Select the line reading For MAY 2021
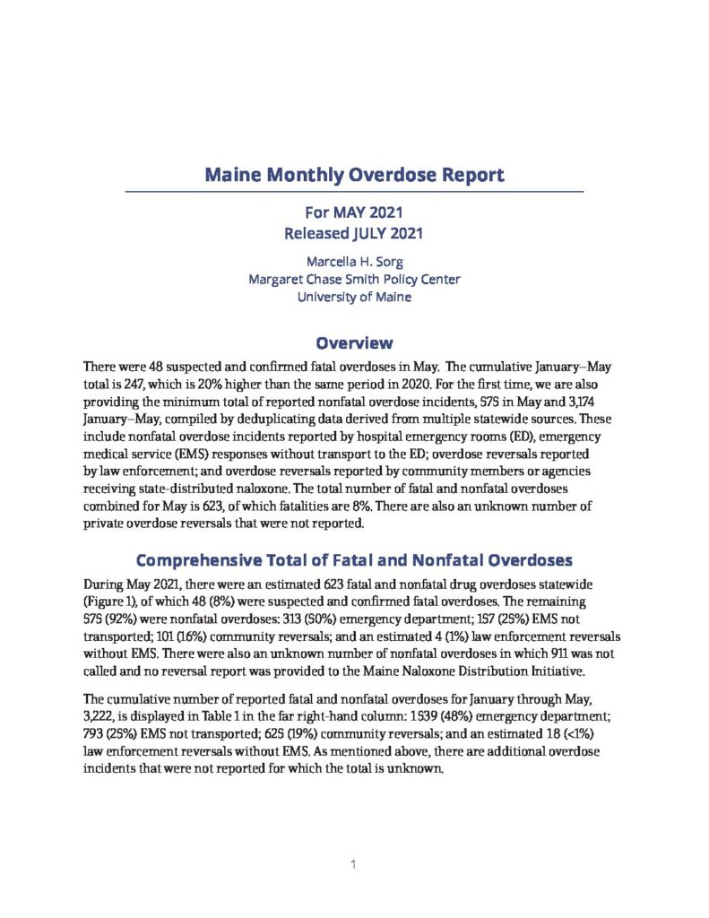click(x=354, y=215)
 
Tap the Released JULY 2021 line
click(x=354, y=236)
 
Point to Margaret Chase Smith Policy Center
click(x=354, y=279)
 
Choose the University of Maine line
click(x=354, y=297)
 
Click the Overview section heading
click(x=354, y=342)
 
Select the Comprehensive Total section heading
click(x=354, y=561)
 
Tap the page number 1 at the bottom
click(x=354, y=865)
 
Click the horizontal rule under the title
click(x=354, y=192)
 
